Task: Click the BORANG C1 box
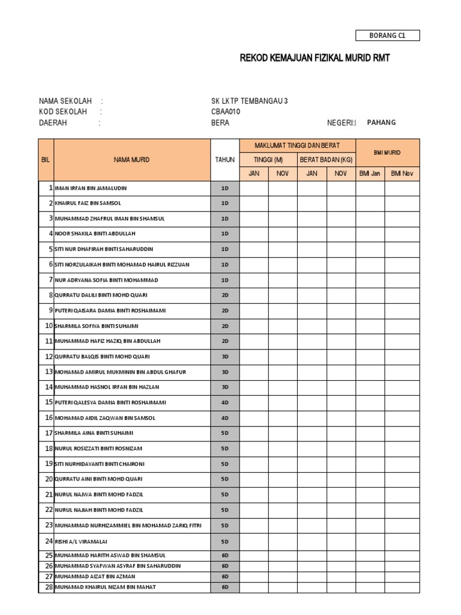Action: pos(387,35)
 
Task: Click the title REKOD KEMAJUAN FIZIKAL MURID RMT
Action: pos(310,58)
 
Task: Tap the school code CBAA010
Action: pos(226,112)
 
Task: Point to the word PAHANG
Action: pos(381,123)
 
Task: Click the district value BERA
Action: pos(220,123)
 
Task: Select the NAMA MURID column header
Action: pos(132,160)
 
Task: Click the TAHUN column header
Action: pos(225,160)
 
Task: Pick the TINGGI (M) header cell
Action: pos(268,160)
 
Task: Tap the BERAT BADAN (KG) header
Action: pos(327,160)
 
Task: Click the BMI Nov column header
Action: pos(402,174)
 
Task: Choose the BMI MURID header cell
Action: pos(387,153)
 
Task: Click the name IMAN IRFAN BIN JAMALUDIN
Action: pos(91,188)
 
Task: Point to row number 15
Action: pos(49,402)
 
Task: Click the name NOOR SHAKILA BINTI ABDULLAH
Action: pos(95,234)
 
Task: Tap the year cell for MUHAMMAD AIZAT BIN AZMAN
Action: pos(225,577)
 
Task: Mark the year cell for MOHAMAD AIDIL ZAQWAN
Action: pos(225,418)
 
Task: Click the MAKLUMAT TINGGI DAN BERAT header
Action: pos(297,146)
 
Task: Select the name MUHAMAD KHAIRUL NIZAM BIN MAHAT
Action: pos(105,587)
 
